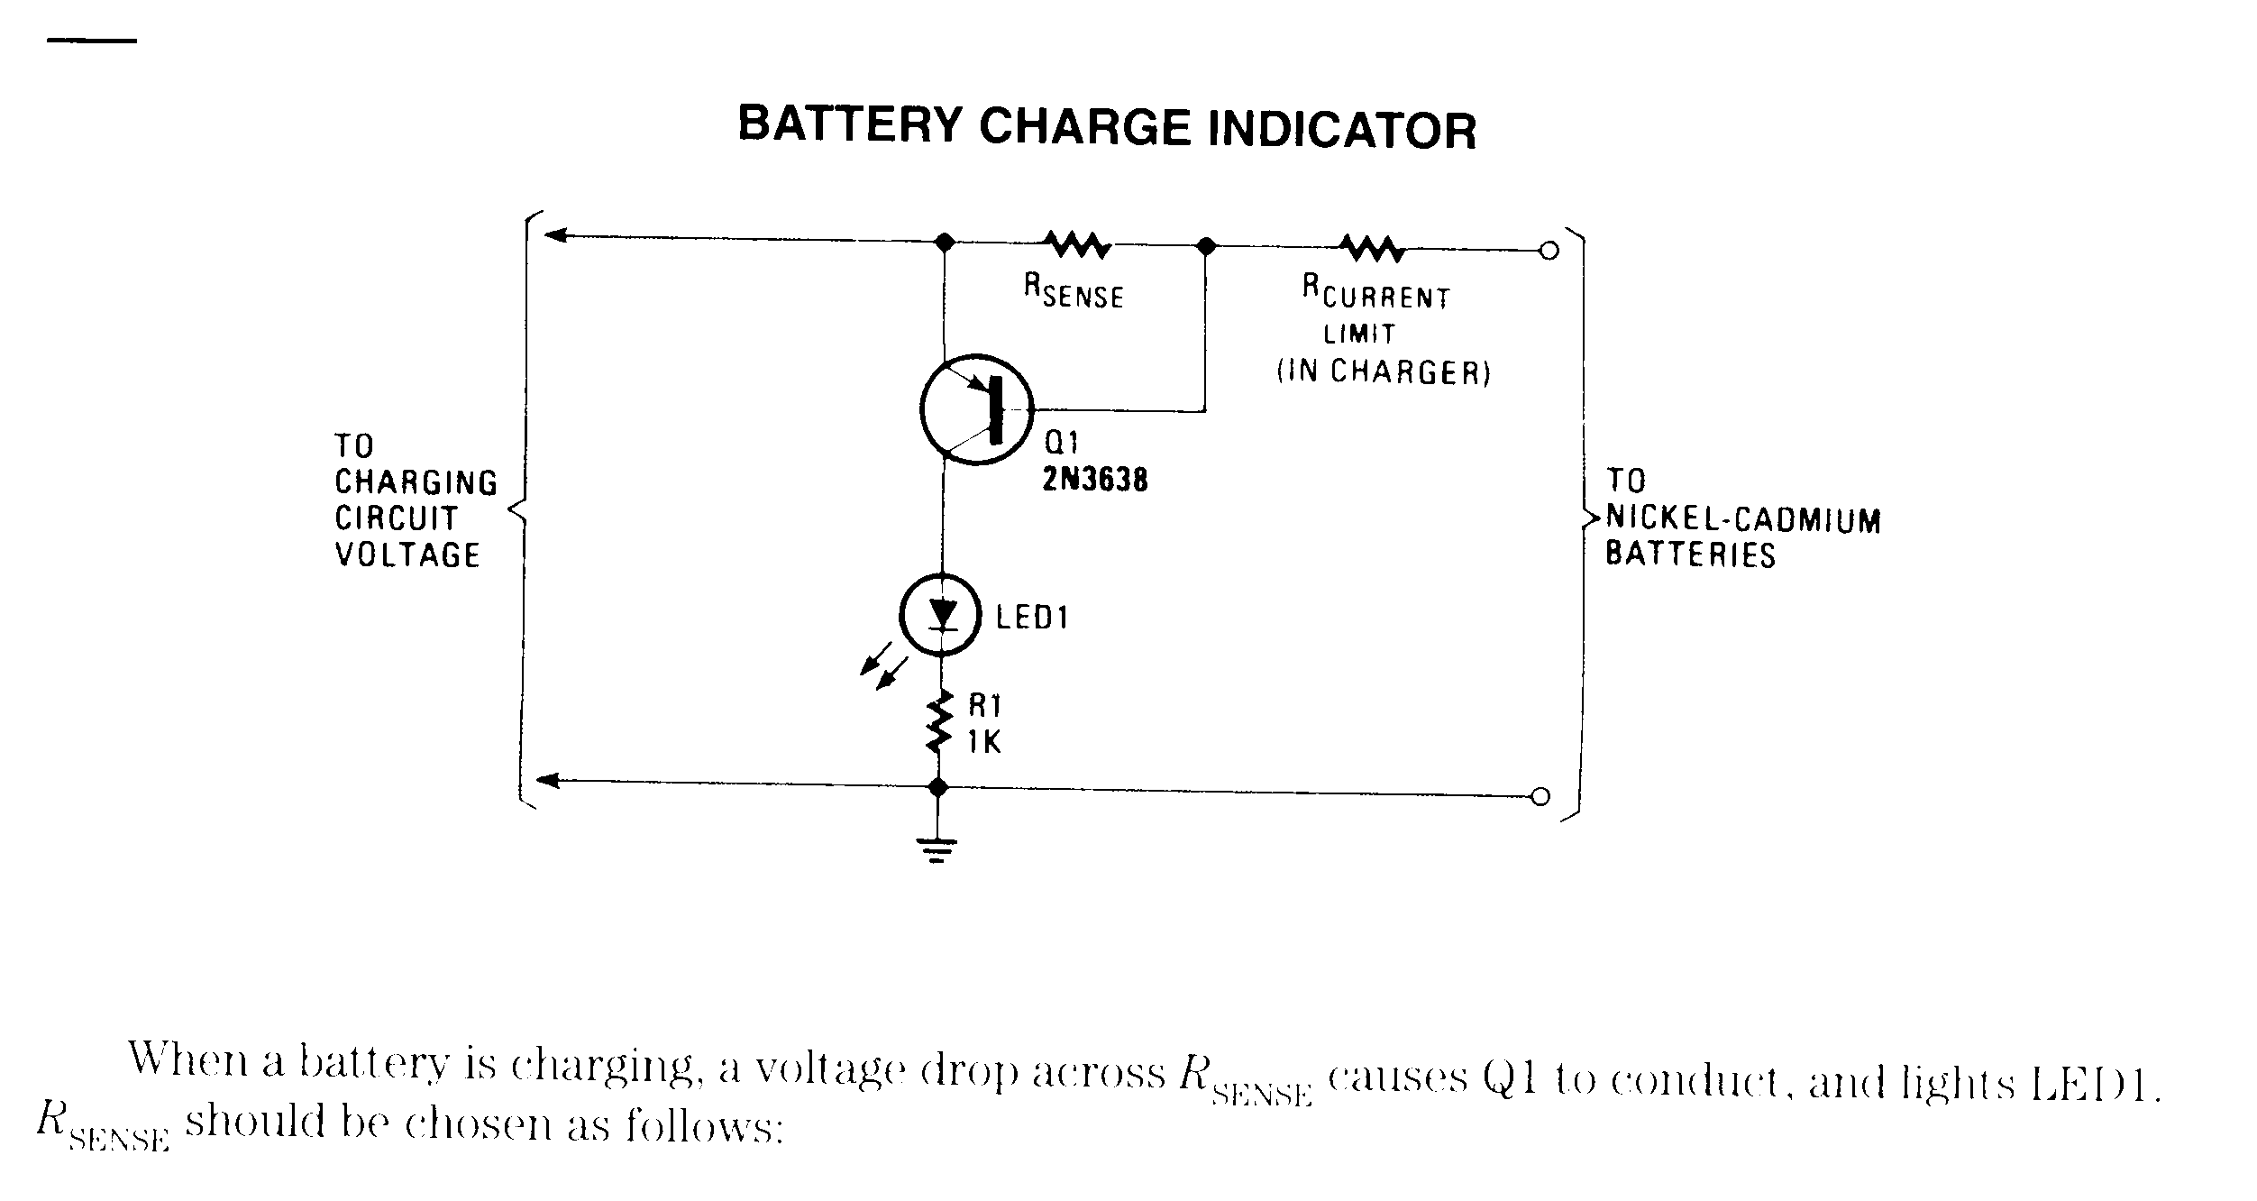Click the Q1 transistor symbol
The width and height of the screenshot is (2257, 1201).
(x=977, y=410)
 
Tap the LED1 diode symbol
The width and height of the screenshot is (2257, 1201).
(x=941, y=615)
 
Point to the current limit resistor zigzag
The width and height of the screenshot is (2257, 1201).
(x=1372, y=246)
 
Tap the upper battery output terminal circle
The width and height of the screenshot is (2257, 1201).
(x=1549, y=251)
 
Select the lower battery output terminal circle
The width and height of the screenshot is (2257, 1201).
(x=1541, y=796)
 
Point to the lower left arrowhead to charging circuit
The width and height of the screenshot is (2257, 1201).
(x=548, y=780)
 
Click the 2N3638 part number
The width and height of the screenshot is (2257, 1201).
(x=1095, y=480)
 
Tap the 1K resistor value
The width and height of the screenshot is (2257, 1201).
(x=984, y=742)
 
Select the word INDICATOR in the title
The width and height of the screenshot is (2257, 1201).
(x=1341, y=130)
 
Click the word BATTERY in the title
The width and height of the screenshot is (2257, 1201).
(x=851, y=125)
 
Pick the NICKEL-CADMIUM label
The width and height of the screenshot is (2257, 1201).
(x=1744, y=519)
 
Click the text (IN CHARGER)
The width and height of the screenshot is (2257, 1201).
(x=1384, y=371)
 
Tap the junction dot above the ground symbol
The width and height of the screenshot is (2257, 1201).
(x=937, y=787)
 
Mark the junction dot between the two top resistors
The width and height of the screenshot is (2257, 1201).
(x=1205, y=245)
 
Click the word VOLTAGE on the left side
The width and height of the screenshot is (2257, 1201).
(x=408, y=555)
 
